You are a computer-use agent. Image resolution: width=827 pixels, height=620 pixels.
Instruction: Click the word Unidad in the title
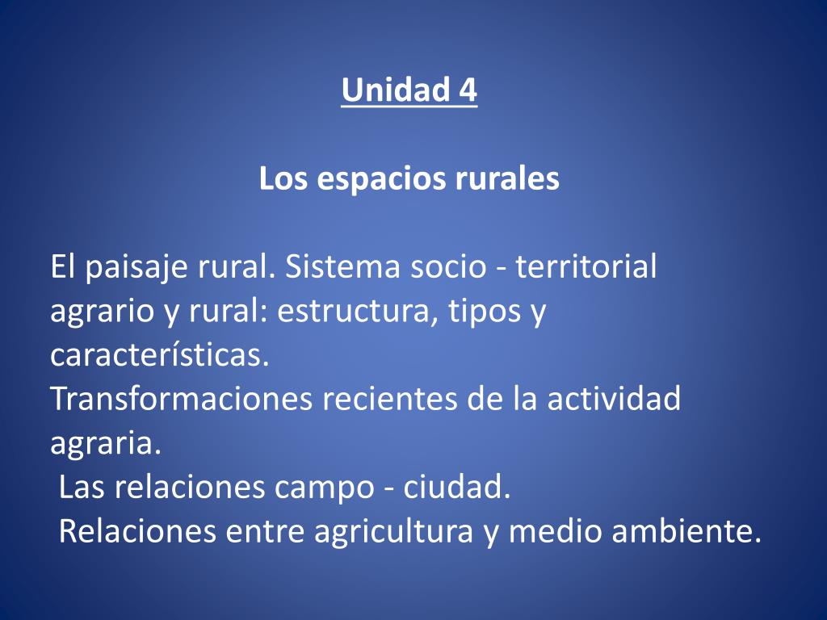tap(391, 90)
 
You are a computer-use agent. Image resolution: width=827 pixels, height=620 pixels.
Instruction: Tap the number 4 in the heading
tap(467, 90)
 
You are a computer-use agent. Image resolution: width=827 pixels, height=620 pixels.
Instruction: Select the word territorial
tap(586, 267)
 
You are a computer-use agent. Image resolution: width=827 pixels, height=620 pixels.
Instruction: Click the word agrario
tap(101, 312)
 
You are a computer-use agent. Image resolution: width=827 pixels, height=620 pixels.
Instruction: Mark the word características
tap(159, 356)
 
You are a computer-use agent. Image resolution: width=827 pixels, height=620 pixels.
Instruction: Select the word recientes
tap(391, 400)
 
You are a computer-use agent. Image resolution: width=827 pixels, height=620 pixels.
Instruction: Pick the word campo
tap(329, 488)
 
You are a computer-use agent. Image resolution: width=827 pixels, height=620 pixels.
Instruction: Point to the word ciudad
tap(456, 488)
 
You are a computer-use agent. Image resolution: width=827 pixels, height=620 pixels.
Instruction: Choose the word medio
tap(552, 533)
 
